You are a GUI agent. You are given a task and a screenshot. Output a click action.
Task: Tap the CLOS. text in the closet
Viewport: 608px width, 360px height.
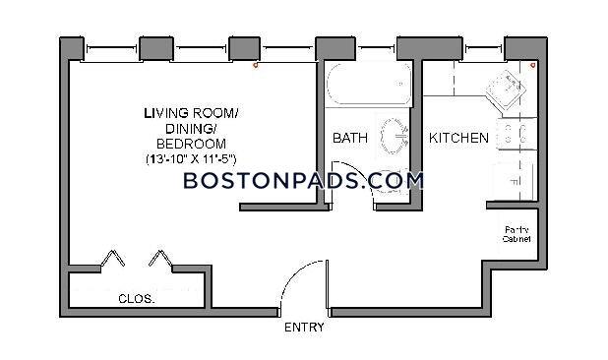[136, 298]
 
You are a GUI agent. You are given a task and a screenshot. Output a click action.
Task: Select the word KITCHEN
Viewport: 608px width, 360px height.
[457, 139]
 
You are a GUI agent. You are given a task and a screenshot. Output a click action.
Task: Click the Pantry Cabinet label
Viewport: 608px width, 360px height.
[517, 234]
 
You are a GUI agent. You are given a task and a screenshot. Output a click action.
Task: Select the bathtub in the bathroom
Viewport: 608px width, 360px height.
[360, 86]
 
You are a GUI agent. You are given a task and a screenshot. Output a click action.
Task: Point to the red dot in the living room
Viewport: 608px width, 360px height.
[256, 67]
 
